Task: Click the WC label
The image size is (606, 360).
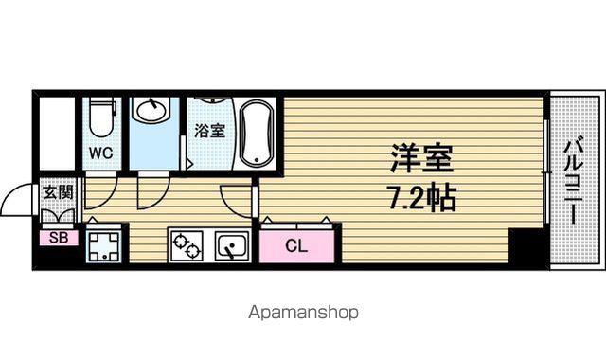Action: [x=101, y=153]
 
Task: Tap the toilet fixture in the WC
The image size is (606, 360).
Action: [x=102, y=117]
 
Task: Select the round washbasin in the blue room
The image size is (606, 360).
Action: [x=151, y=111]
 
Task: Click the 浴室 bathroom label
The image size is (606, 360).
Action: [x=209, y=131]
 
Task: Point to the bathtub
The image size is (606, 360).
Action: [x=256, y=134]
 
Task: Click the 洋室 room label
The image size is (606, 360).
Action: [x=421, y=158]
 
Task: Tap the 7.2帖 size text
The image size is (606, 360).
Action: [x=422, y=197]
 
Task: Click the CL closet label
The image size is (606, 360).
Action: [x=296, y=245]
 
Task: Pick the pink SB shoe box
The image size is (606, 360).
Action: [x=59, y=238]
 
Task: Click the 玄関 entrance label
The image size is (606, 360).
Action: [x=58, y=192]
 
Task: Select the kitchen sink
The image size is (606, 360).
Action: [x=232, y=245]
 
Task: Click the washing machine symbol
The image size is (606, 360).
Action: [x=103, y=246]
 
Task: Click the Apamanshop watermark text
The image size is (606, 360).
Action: [x=303, y=312]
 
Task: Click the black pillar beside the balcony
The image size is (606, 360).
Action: [x=528, y=246]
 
